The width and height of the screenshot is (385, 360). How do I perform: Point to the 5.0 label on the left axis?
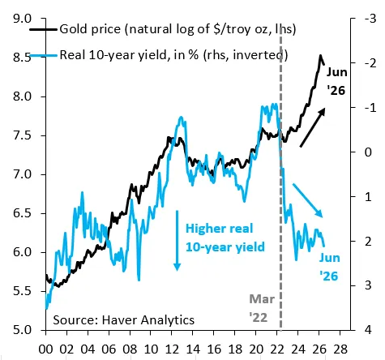point(22,330)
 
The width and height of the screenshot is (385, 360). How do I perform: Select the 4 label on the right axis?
point(368,330)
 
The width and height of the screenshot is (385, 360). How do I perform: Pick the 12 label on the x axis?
point(172,349)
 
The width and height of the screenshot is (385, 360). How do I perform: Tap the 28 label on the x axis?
point(340,349)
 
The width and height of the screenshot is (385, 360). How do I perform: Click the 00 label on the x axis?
point(45,349)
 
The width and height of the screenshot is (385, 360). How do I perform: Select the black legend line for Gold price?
point(43,29)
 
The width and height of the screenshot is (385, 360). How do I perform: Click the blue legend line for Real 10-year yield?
point(43,56)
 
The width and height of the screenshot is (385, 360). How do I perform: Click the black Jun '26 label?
point(336,81)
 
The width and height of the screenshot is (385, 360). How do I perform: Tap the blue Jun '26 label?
point(329,267)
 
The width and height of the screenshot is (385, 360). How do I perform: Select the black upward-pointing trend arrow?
point(312,127)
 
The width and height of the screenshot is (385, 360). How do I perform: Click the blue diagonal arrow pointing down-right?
point(308,200)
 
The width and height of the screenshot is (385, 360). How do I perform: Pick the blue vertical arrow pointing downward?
point(177,240)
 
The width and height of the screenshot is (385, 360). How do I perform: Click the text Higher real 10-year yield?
point(225,238)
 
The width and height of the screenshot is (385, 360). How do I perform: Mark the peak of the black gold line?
point(321,55)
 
